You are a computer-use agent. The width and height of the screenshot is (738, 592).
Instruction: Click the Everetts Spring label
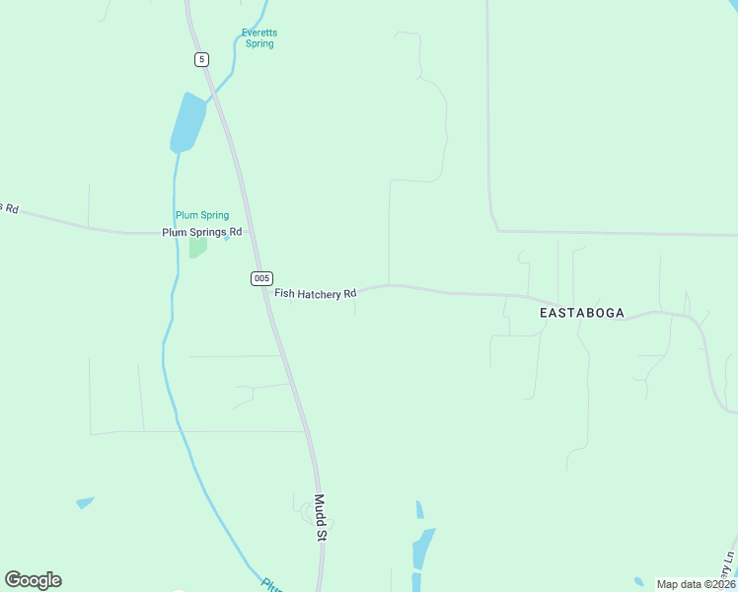click(259, 37)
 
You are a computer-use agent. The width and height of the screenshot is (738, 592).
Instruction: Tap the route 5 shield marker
click(201, 59)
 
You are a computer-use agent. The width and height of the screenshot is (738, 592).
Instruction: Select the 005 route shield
click(261, 278)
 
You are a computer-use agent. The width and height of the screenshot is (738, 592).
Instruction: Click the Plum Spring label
click(201, 215)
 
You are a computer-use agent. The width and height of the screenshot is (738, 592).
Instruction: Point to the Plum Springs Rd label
click(201, 233)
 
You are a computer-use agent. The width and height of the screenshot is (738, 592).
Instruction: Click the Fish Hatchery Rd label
click(315, 293)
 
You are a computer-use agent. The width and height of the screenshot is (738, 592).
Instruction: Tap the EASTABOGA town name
click(582, 312)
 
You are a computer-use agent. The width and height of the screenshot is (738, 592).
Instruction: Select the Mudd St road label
click(320, 518)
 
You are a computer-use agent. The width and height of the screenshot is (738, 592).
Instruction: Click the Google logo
click(34, 580)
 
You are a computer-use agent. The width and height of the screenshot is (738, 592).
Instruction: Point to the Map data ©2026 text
click(696, 584)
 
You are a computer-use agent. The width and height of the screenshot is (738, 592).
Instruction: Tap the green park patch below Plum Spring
click(197, 247)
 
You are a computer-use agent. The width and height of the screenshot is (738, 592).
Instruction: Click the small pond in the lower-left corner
click(85, 503)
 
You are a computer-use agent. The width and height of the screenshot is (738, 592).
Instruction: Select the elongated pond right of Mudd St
click(423, 548)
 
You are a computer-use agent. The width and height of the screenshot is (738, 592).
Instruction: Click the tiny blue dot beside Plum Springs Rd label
click(227, 238)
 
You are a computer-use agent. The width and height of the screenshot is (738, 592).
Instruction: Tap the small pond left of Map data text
click(638, 581)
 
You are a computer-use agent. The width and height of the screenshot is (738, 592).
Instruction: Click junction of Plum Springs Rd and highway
click(251, 233)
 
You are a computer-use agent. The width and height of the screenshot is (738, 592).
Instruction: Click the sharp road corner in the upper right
click(496, 230)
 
